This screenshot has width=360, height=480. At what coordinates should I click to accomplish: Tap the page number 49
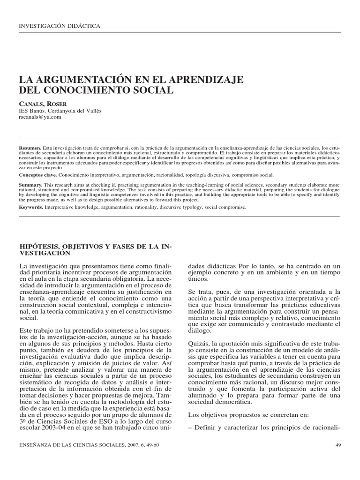pyautogui.click(x=339, y=445)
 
